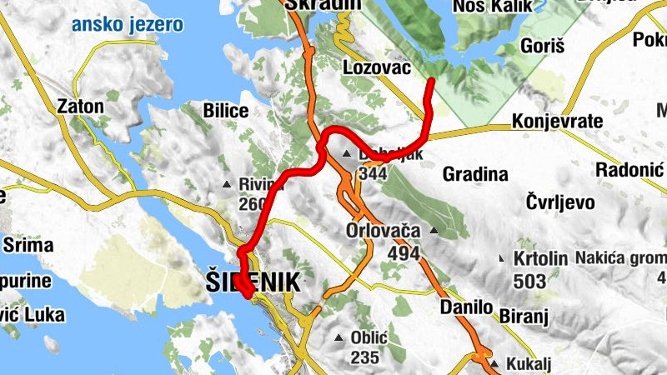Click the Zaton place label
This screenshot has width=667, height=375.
tap(80, 107)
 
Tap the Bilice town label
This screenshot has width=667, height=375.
tap(226, 111)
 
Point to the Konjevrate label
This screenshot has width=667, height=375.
tap(557, 122)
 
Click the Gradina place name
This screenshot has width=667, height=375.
tap(475, 175)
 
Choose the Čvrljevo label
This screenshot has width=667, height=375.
tap(560, 202)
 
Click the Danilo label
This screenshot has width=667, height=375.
tap(467, 307)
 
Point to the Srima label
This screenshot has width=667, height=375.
tap(28, 246)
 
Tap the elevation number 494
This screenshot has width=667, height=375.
tap(403, 253)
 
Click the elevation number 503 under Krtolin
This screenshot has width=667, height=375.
tap(529, 281)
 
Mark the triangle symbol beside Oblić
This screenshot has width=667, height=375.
tap(339, 337)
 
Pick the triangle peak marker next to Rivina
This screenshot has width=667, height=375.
tap(226, 184)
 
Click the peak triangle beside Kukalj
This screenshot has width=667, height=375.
tap(494, 364)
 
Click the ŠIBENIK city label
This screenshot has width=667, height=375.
tap(252, 283)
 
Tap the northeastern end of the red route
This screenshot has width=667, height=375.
tap(431, 81)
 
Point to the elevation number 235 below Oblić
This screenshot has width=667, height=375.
tap(364, 357)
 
